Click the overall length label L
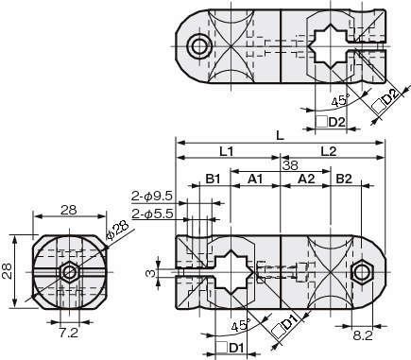click(280, 136)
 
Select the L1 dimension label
click(226, 152)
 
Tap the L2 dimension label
click(329, 152)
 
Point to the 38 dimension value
click(290, 165)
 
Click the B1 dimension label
click(213, 180)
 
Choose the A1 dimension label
click(255, 180)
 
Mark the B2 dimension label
click(344, 180)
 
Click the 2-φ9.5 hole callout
click(152, 197)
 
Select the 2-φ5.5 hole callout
click(152, 214)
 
